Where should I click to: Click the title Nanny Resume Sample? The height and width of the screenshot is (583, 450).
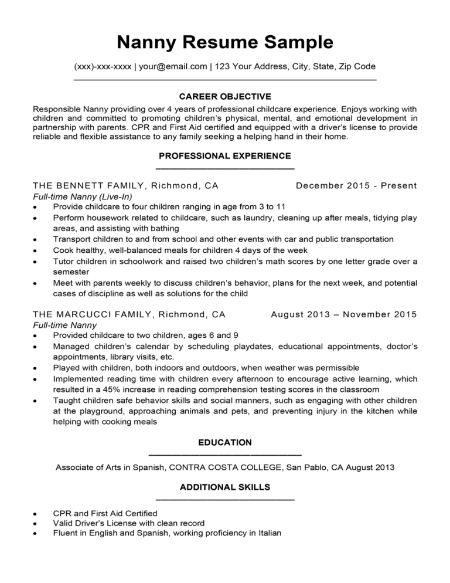coord(225,42)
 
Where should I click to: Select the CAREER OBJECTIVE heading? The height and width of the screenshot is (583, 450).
coord(225,96)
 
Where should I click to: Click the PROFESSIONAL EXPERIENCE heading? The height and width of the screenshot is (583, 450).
coord(225,155)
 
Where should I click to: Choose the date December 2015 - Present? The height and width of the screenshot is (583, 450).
coord(356,186)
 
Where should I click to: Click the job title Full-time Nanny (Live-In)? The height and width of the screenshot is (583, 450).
coord(83,196)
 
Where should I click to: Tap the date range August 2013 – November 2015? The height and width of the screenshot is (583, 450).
coord(344,314)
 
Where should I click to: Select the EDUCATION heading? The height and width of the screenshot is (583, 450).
coord(225,442)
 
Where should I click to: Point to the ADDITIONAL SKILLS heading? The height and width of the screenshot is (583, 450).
coord(225,487)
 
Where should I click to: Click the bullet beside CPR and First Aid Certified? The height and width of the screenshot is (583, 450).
coord(36,514)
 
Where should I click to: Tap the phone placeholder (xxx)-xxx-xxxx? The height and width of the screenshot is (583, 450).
coord(103,66)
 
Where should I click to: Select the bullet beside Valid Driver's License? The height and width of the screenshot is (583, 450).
coord(36,524)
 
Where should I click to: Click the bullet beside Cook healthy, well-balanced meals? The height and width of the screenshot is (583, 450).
coord(36,250)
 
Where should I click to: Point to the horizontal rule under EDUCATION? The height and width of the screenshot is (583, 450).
coord(225,455)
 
